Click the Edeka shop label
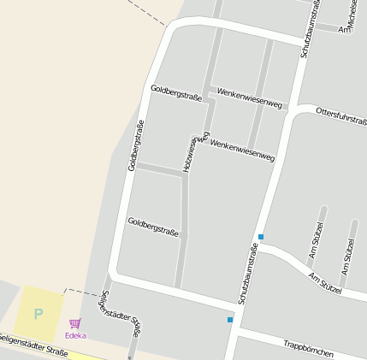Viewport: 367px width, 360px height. pos(75,335)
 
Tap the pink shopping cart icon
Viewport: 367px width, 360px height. pos(74,324)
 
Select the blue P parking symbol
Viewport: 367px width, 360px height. pos(38,314)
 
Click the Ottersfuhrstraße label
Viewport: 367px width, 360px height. pos(340,116)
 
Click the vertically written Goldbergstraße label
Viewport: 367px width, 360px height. pos(136,145)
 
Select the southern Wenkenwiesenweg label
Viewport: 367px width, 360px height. pos(242,150)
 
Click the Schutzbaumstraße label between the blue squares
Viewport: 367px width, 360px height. pos(247,274)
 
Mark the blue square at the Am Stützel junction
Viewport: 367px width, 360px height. pos(261,237)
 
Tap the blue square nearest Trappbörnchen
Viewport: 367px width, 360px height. pos(230,320)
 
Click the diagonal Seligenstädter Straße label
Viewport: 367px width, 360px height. pos(121,312)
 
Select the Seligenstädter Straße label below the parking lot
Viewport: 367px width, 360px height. pos(34,345)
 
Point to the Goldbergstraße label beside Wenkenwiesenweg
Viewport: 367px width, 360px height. pos(176,92)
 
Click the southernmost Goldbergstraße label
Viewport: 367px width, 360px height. pos(153,227)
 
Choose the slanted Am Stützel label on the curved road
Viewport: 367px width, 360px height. pos(325,283)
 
